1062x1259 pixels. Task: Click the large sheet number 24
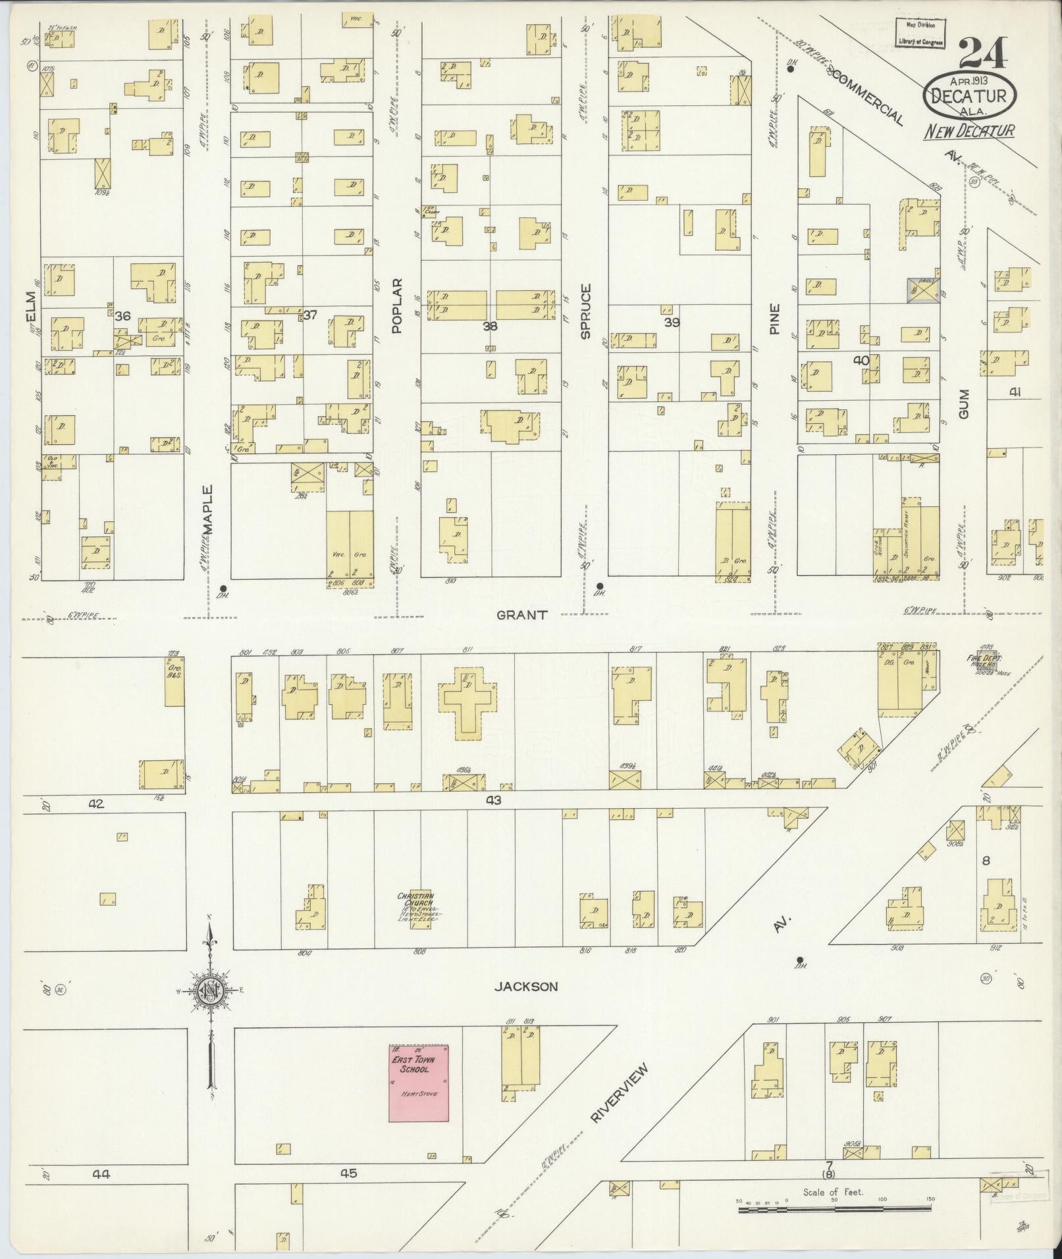click(982, 55)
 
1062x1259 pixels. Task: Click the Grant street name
click(522, 615)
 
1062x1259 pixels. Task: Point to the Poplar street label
click(396, 306)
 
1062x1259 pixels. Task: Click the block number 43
click(494, 800)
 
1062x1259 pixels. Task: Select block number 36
click(122, 317)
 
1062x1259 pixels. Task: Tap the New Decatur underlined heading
click(969, 131)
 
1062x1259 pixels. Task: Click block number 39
click(672, 322)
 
